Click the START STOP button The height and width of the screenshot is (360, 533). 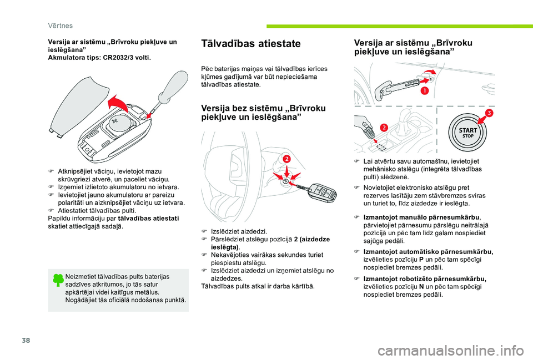467,133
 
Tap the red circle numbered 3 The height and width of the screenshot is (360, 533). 489,113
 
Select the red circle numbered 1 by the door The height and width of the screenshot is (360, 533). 425,90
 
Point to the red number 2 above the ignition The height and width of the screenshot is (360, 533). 286,159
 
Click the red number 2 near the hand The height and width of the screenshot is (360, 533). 384,128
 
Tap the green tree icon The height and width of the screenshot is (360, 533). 58,280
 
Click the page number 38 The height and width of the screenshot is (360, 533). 26,340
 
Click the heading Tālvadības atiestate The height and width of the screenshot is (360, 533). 251,43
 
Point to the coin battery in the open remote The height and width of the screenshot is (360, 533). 119,124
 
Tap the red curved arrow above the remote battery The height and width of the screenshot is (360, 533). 118,102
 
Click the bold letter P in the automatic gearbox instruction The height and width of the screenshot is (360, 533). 421,260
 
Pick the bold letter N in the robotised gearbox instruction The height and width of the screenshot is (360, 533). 421,287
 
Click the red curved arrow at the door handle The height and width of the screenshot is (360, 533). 429,72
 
